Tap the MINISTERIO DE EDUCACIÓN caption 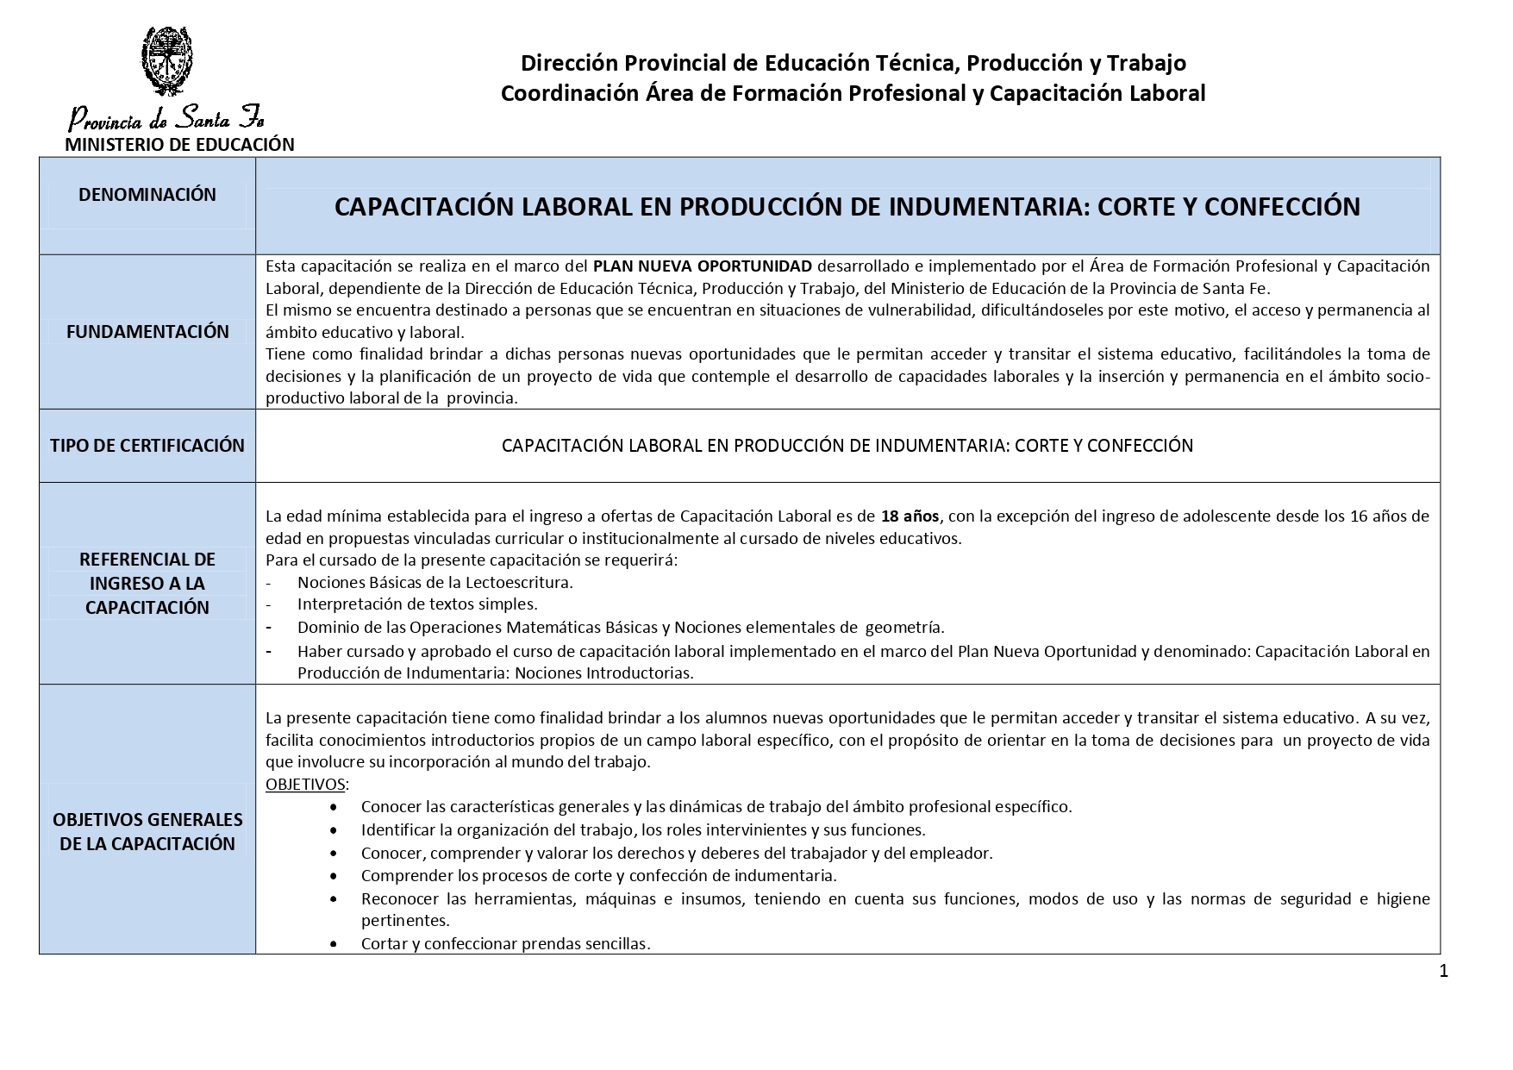pos(179,145)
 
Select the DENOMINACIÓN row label pos(147,195)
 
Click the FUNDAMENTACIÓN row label pos(147,332)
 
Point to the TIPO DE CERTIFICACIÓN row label pos(147,446)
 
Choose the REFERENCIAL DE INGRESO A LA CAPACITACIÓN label pos(147,584)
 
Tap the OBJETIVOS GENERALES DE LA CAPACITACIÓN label pos(147,831)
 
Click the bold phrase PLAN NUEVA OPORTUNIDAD pos(703,266)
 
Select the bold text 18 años pos(910,516)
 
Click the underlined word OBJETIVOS pos(305,785)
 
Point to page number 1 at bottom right pos(1443,972)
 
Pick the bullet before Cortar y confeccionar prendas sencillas pos(334,945)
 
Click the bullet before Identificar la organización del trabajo pos(334,830)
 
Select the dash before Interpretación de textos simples pos(269,604)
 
